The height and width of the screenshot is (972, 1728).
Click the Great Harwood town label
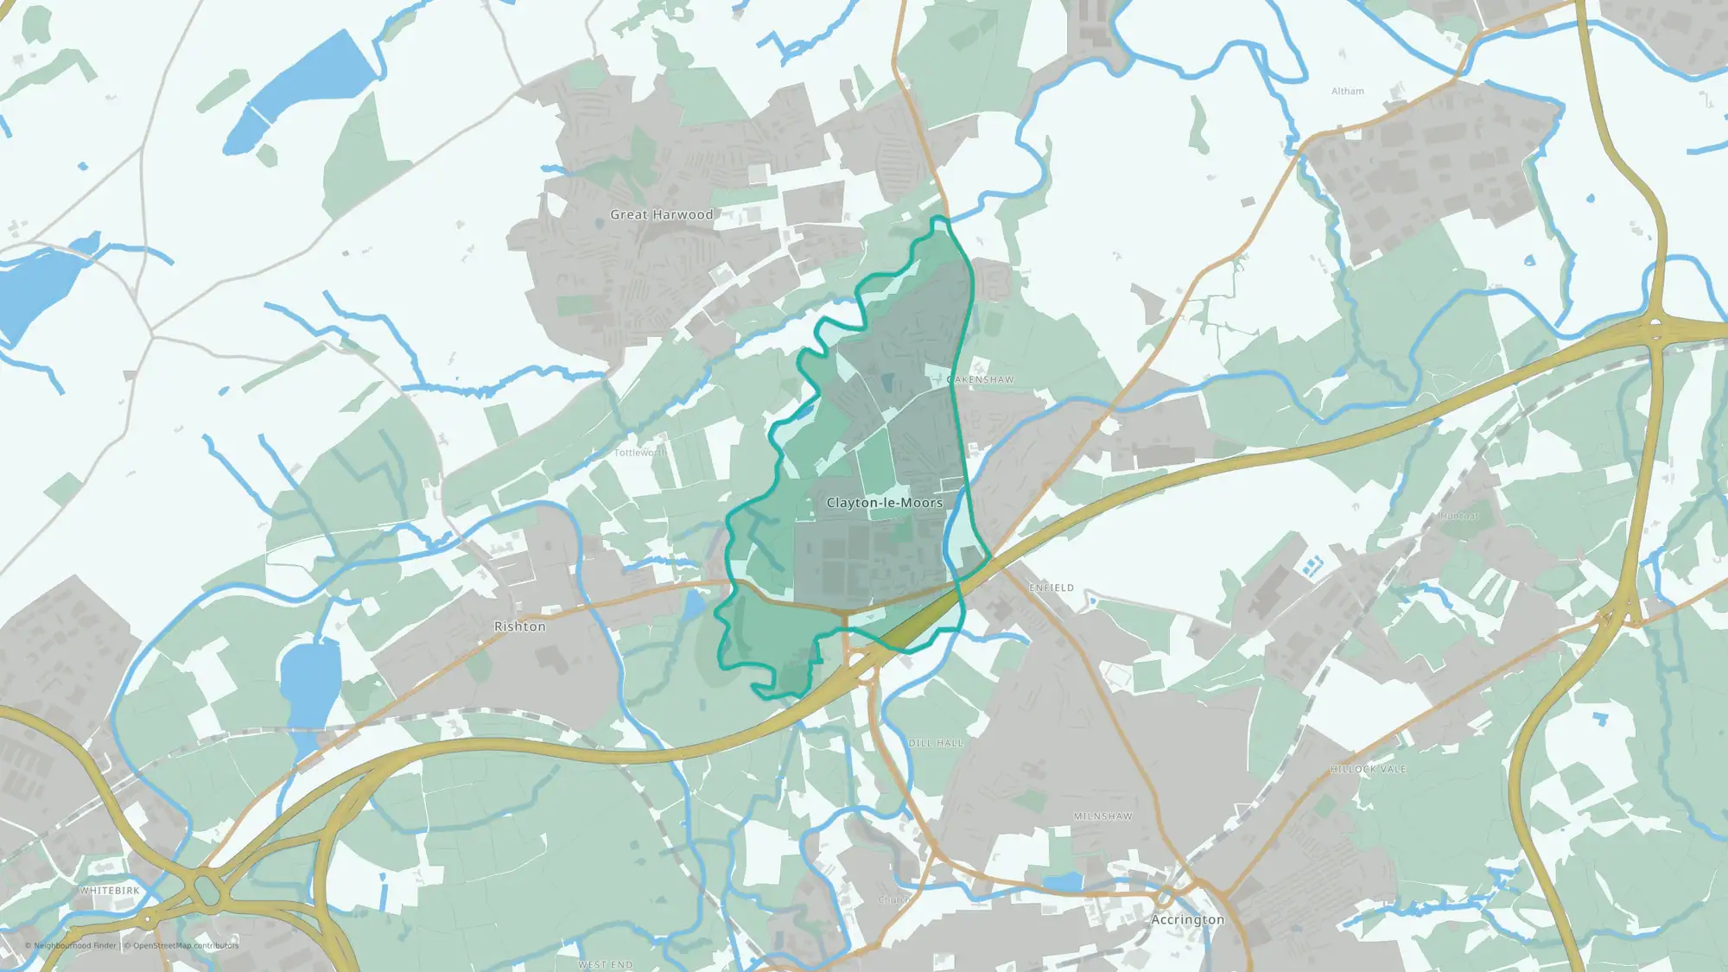(x=661, y=214)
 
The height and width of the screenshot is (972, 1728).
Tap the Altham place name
(x=1347, y=91)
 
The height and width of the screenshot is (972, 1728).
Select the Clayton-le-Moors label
(x=884, y=502)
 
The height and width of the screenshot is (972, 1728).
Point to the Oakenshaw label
(x=981, y=379)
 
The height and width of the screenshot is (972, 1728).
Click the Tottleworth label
(x=640, y=453)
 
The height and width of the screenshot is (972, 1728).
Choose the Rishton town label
(x=519, y=626)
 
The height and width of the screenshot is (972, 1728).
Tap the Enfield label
(x=1051, y=588)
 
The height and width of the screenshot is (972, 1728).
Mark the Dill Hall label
(x=935, y=743)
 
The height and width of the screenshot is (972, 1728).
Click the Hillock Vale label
(x=1368, y=769)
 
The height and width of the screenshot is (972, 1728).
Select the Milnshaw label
(x=1102, y=816)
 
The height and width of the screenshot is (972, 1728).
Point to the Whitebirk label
(x=109, y=891)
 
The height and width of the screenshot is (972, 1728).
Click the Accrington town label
(x=1187, y=919)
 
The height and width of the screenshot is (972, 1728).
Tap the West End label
(x=605, y=964)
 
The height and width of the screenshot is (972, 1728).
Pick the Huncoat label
(x=1459, y=516)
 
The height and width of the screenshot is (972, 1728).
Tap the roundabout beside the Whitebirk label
(x=206, y=887)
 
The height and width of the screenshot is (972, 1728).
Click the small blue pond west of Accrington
(x=1064, y=882)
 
